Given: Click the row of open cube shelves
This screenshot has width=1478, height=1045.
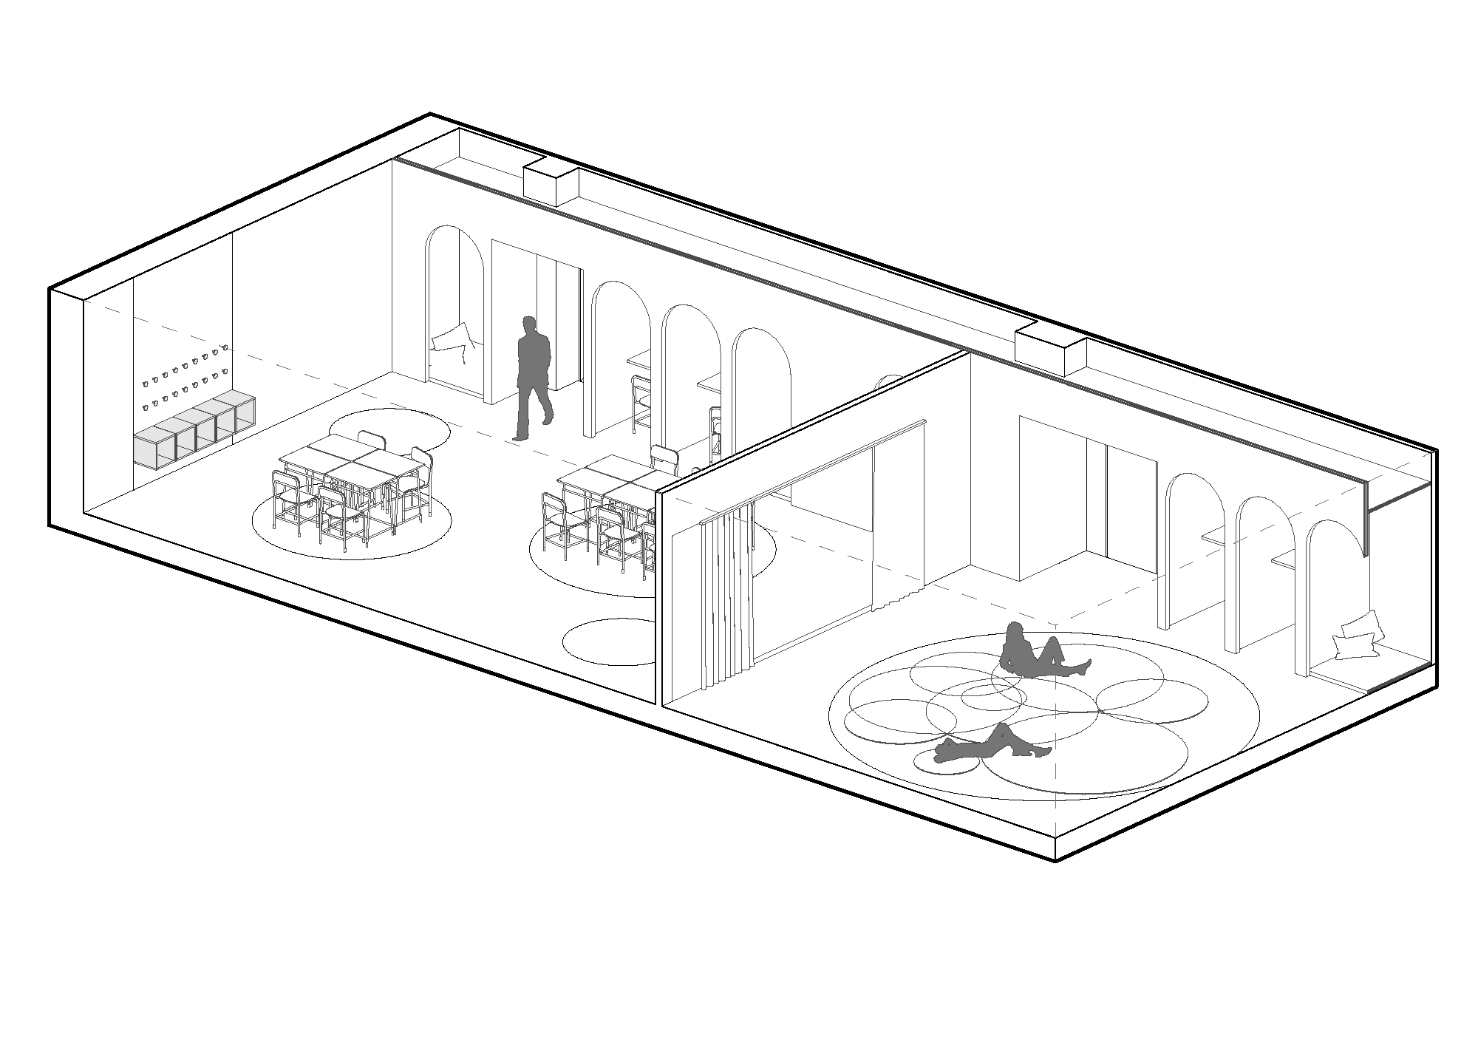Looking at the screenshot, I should (195, 432).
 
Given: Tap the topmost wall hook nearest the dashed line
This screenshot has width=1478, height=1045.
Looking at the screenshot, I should (223, 347).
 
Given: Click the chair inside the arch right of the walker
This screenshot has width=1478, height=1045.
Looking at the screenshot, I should (640, 403).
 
